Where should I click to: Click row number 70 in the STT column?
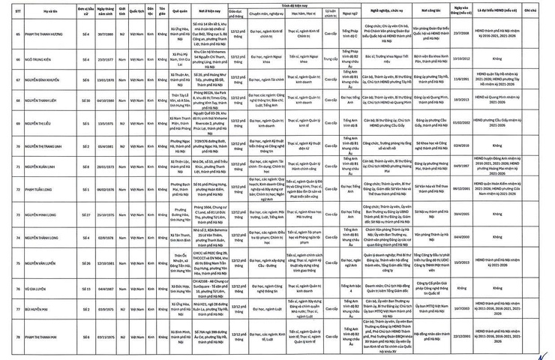click(x=8, y=145)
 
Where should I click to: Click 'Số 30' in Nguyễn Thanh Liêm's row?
click(x=88, y=100)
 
